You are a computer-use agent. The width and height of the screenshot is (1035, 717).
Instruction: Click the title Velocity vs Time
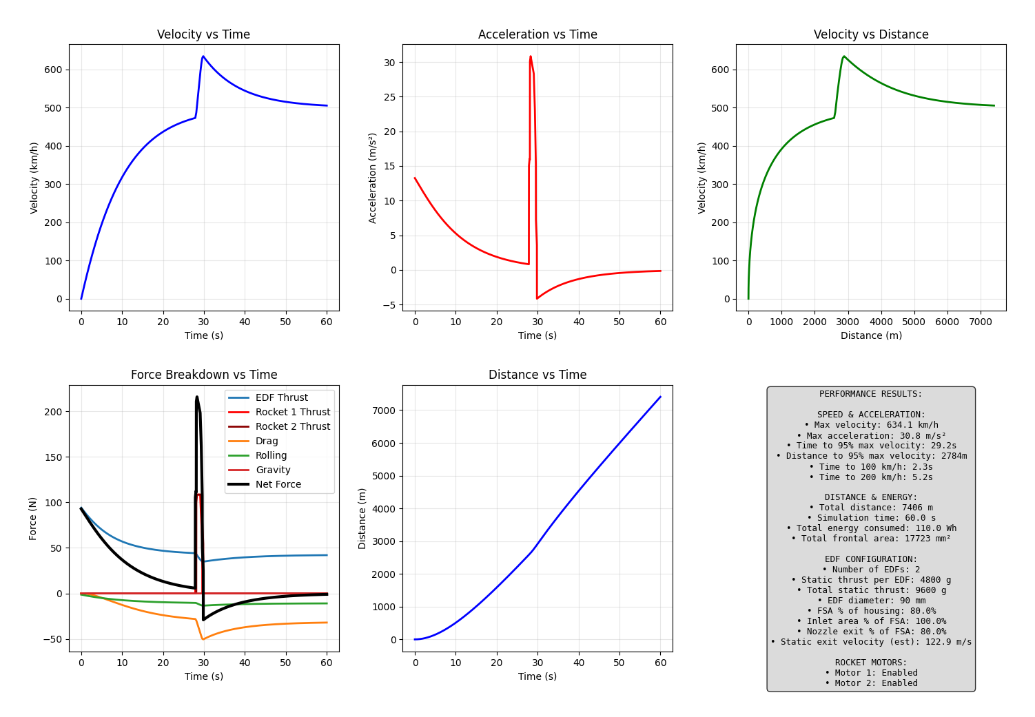[x=203, y=34]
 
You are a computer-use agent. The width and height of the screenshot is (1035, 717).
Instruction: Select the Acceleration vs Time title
[x=537, y=34]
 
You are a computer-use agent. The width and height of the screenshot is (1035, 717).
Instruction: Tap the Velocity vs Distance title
[x=871, y=34]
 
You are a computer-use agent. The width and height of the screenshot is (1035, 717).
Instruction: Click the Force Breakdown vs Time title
[x=204, y=375]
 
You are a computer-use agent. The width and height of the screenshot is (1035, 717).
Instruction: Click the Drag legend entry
[x=267, y=441]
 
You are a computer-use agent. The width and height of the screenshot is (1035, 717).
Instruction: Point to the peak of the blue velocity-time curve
[x=203, y=56]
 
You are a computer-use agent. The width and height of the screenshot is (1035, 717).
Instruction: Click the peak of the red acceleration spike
[x=530, y=56]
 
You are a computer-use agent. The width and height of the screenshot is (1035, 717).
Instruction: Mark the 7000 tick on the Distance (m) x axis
[x=980, y=322]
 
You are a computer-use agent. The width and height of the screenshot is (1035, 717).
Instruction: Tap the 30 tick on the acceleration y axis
[x=389, y=63]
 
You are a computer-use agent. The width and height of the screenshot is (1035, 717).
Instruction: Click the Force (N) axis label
[x=33, y=518]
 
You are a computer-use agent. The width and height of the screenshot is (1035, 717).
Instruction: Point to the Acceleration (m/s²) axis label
[x=373, y=178]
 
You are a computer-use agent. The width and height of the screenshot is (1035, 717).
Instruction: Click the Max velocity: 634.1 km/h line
[x=871, y=425]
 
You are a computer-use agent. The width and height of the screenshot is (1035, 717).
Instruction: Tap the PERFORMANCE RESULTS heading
[x=871, y=394]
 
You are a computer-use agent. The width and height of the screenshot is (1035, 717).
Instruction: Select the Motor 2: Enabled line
[x=871, y=683]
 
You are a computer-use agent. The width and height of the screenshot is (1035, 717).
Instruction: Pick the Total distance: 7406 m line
[x=871, y=508]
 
